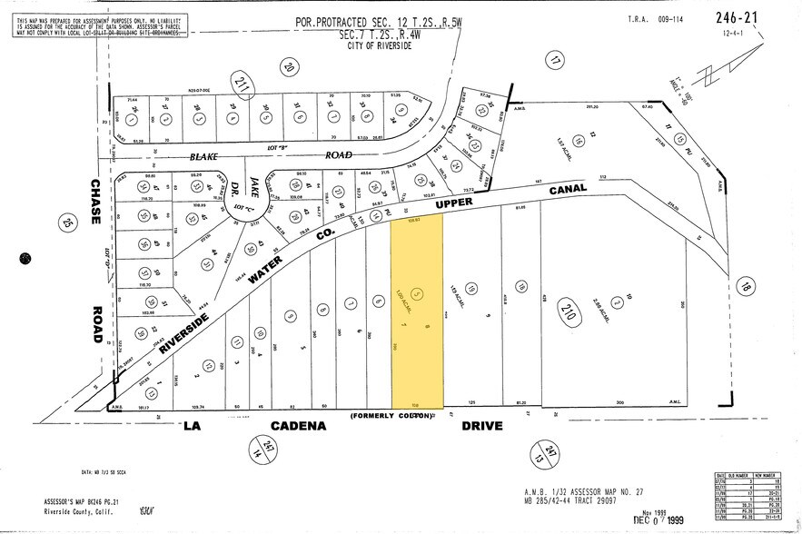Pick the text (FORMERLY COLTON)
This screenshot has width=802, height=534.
point(391,417)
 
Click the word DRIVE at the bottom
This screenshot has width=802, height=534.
point(481,426)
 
